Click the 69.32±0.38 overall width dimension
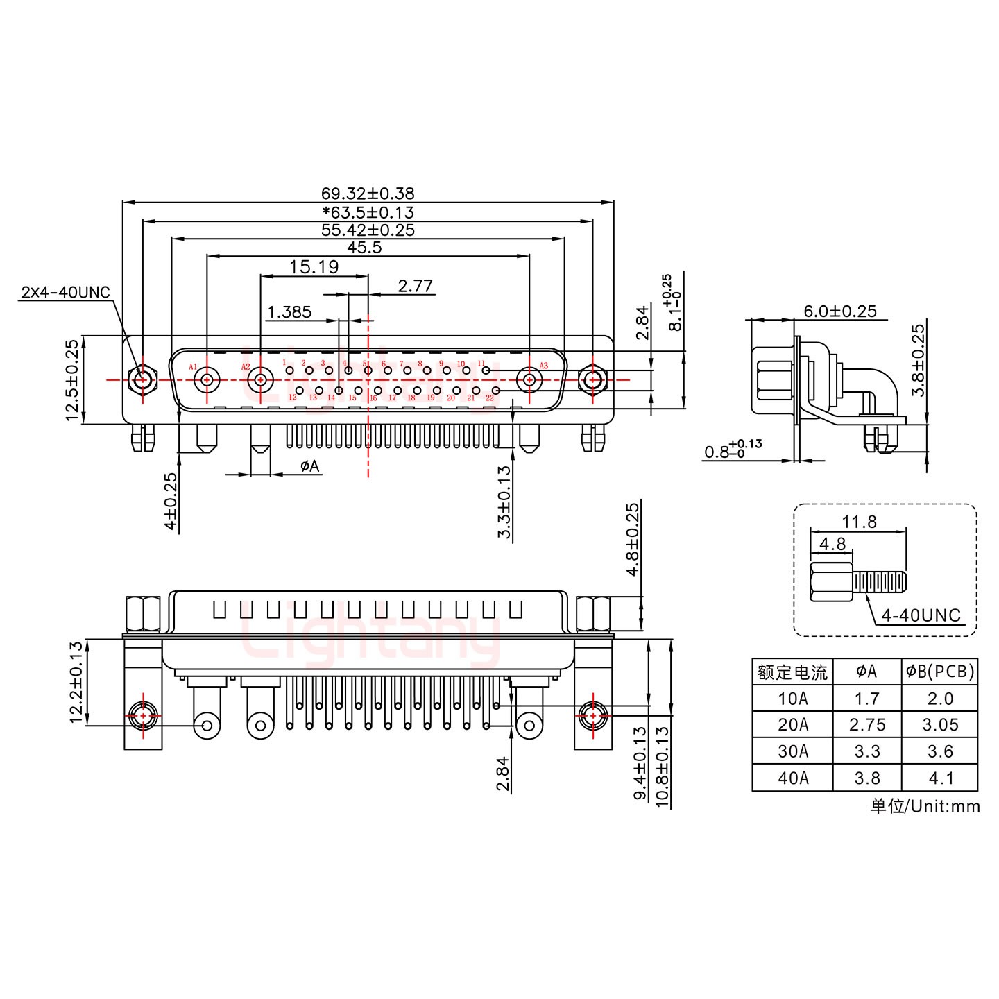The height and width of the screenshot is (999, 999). tap(368, 194)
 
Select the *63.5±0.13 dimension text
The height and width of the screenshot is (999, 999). tap(368, 212)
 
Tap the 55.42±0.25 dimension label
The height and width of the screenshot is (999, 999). tap(368, 230)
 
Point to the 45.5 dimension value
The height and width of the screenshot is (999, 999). tap(365, 248)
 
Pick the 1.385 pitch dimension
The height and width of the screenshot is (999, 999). tap(289, 312)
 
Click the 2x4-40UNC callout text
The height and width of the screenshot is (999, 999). tap(66, 292)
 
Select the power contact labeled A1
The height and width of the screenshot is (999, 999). tap(207, 380)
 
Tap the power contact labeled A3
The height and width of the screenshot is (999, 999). tap(529, 380)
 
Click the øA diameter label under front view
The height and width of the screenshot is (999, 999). tap(310, 466)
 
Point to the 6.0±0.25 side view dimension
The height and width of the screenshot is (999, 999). tap(839, 311)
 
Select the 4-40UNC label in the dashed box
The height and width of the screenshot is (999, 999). tap(921, 615)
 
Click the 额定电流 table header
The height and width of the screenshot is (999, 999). tap(792, 672)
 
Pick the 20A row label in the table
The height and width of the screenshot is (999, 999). tap(792, 725)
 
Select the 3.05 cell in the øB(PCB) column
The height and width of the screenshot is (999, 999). tap(940, 725)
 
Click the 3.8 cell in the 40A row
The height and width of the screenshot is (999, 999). tap(867, 778)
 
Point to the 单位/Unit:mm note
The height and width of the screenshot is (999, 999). tap(925, 805)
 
